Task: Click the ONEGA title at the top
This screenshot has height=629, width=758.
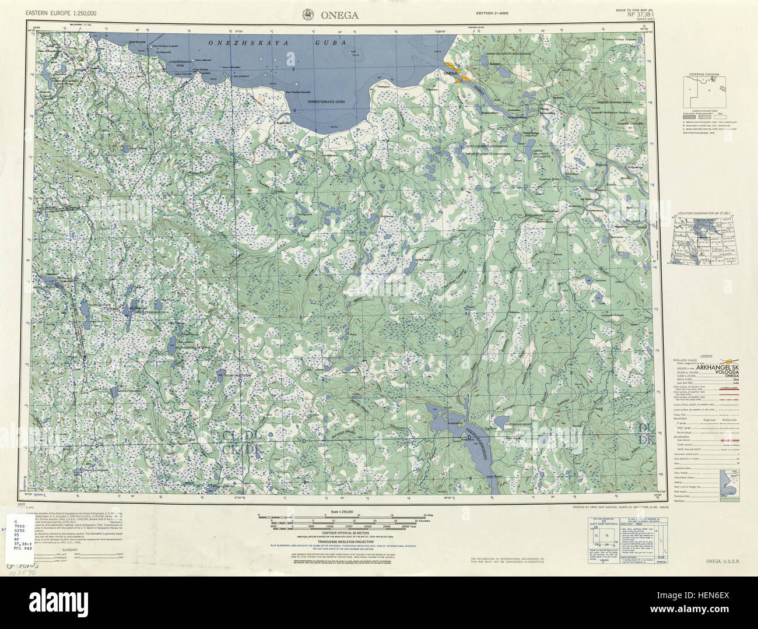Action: point(338,16)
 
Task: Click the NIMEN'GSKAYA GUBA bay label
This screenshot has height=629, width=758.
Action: point(327,101)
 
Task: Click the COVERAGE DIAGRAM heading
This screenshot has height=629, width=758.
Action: point(702,75)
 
